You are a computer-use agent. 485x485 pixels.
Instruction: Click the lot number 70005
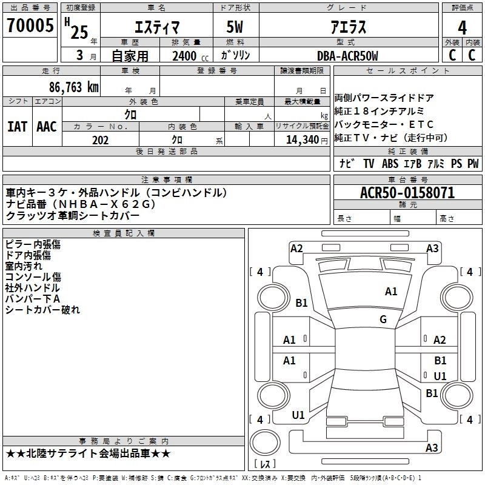click(30, 25)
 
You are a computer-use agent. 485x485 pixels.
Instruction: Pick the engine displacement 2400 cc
click(184, 56)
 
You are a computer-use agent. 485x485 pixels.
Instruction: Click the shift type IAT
click(17, 127)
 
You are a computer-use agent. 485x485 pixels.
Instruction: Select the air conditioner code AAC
click(47, 127)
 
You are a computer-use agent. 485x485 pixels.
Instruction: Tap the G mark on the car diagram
click(383, 319)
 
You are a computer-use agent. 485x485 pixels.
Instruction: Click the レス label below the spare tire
click(265, 465)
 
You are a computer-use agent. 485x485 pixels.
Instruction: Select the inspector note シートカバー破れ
click(42, 310)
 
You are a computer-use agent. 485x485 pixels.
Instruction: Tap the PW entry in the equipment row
click(472, 164)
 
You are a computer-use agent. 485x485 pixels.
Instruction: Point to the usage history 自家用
click(130, 56)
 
